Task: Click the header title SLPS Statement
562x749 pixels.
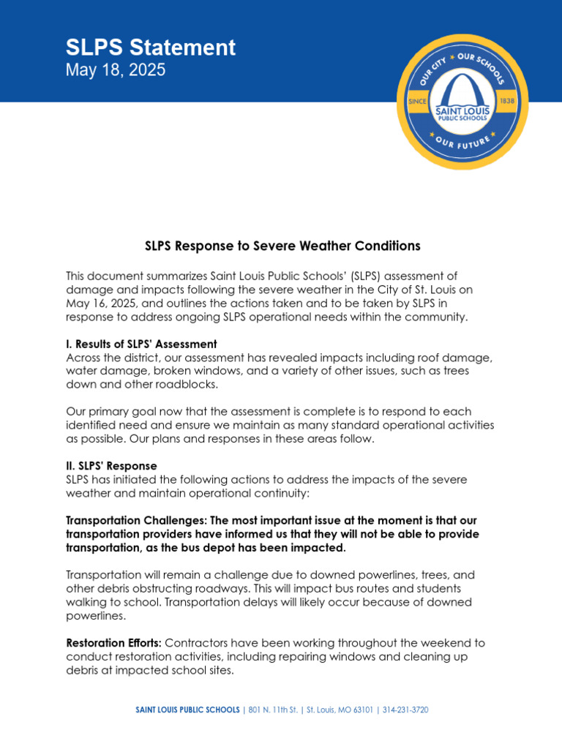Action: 151,48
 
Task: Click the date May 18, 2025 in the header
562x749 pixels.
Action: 116,70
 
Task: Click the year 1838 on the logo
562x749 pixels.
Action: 506,101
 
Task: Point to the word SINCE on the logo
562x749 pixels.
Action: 417,101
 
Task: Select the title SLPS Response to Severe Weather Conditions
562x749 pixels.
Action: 282,246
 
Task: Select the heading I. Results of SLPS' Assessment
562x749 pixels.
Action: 141,344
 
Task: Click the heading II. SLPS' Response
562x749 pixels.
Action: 111,466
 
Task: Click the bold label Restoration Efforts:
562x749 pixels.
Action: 114,643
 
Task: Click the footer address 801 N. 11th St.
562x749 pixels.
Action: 274,710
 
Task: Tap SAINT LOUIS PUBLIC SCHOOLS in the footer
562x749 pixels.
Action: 188,710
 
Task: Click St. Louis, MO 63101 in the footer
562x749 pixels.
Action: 340,710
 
